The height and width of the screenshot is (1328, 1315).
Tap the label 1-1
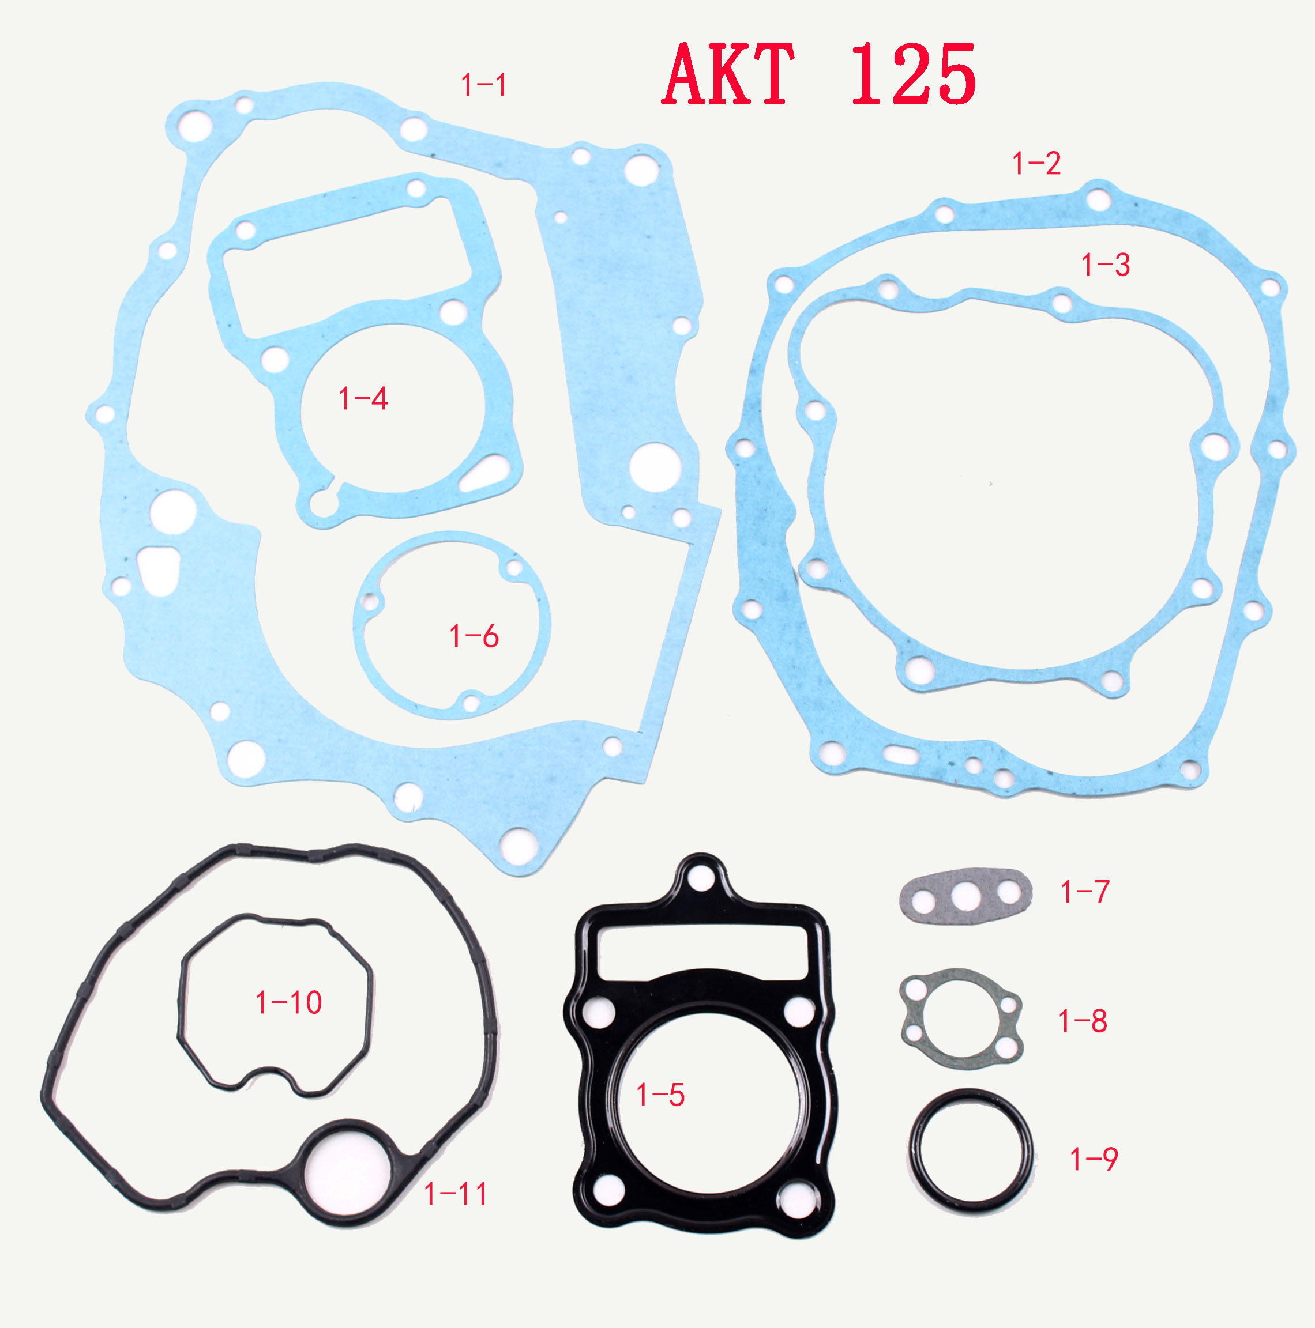point(484,85)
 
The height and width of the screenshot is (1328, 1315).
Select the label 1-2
point(1036,164)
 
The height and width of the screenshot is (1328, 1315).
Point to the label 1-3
point(1106,265)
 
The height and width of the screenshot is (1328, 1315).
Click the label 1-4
point(364,399)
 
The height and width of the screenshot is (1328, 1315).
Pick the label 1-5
point(661,1095)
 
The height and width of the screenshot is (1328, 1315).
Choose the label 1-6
point(474,636)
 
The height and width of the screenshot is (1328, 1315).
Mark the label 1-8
point(1083,1021)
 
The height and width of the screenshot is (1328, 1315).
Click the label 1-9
point(1094,1159)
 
